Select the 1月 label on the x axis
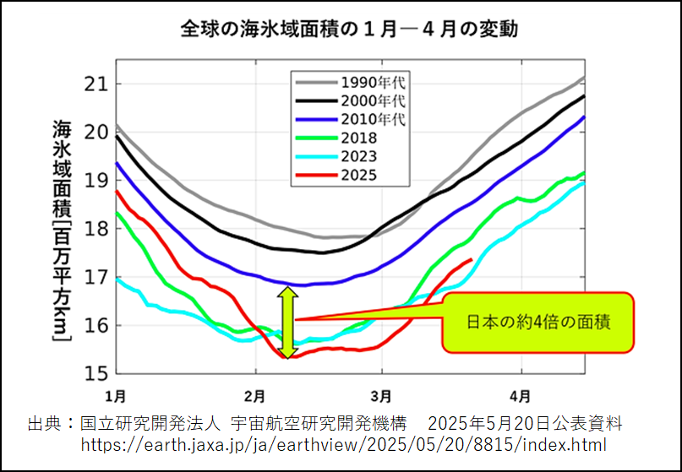click(x=116, y=394)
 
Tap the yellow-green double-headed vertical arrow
click(x=286, y=323)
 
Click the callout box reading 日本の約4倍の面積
click(x=537, y=322)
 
